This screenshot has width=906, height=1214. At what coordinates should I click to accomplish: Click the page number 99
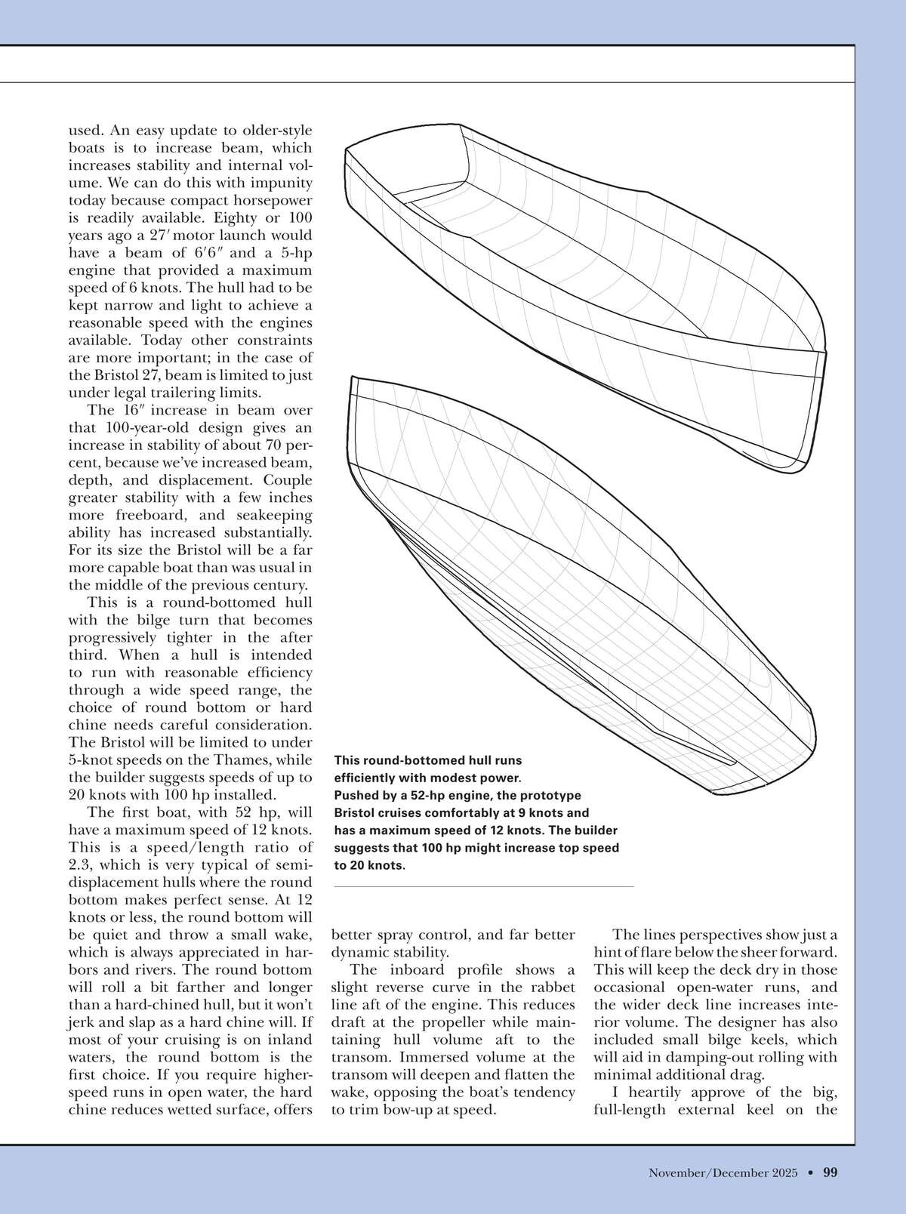pos(830,1172)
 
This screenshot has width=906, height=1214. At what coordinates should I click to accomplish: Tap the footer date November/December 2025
pos(723,1172)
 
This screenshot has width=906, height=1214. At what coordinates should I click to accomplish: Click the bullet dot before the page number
pos(809,1172)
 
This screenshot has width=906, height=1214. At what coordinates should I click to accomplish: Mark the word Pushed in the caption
pos(356,796)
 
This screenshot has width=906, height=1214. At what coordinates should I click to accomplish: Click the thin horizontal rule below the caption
pos(483,886)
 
